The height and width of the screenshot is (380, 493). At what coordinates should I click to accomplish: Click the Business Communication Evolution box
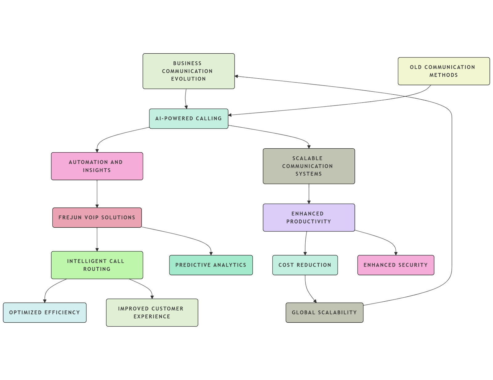[x=189, y=71]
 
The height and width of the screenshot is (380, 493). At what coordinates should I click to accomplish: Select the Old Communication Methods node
[x=443, y=71]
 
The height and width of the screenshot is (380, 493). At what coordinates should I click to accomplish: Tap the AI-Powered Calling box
[x=189, y=118]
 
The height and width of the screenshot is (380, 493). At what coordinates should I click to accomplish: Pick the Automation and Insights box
[x=97, y=166]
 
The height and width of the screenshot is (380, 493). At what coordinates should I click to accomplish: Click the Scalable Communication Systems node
[x=308, y=166]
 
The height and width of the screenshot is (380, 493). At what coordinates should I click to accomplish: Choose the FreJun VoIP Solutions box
[x=97, y=217]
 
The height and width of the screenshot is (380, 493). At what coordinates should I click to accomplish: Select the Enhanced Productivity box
[x=308, y=217]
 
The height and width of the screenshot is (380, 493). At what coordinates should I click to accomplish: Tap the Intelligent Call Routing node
[x=97, y=265]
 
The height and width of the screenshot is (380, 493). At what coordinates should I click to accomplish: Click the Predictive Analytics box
[x=211, y=265]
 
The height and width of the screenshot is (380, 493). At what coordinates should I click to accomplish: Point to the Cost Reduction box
[x=305, y=265]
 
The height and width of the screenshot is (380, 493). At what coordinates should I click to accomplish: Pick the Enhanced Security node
[x=395, y=265]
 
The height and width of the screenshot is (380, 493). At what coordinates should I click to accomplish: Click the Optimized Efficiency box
[x=45, y=312]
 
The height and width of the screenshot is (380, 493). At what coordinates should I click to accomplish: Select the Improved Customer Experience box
[x=152, y=312]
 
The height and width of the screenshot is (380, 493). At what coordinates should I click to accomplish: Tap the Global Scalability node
[x=324, y=312]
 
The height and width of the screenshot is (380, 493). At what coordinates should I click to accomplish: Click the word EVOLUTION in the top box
[x=189, y=79]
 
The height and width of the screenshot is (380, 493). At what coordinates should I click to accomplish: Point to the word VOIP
[x=92, y=217]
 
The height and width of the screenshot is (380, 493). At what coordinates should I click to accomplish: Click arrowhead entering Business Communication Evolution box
[x=237, y=76]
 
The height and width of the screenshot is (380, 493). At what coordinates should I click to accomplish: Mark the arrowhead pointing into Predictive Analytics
[x=211, y=253]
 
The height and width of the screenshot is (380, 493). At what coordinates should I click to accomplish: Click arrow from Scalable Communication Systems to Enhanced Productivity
[x=309, y=194]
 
